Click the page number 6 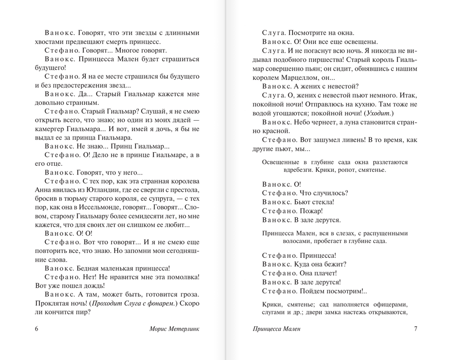37,329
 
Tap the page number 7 415,329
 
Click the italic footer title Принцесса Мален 277,329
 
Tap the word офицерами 391,304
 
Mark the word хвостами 49,42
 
